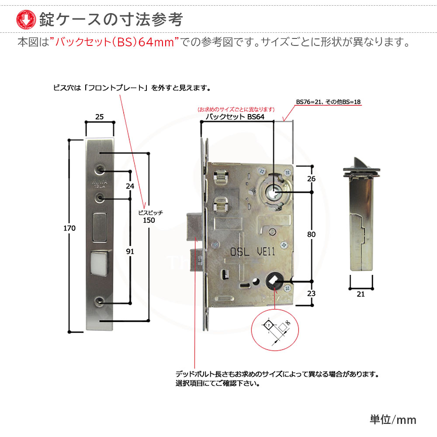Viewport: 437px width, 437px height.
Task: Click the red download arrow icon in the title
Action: pyautogui.click(x=25, y=18)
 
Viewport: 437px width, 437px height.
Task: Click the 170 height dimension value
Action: pyautogui.click(x=69, y=229)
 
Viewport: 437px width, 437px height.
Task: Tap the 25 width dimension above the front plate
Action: pyautogui.click(x=99, y=116)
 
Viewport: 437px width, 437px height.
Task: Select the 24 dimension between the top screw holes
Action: pyautogui.click(x=130, y=186)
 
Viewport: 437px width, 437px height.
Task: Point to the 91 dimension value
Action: pyautogui.click(x=130, y=251)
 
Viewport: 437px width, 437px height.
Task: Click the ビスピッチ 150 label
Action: pyautogui.click(x=149, y=216)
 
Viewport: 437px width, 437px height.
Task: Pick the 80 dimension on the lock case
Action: pyautogui.click(x=311, y=234)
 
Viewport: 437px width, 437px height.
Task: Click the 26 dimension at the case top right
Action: pyautogui.click(x=311, y=179)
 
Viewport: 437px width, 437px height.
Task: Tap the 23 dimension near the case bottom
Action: pyautogui.click(x=311, y=294)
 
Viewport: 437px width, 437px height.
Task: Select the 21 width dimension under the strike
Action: pyautogui.click(x=361, y=294)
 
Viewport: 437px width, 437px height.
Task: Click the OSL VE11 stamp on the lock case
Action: pyautogui.click(x=253, y=252)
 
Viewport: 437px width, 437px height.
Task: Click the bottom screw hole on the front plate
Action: pyautogui.click(x=101, y=302)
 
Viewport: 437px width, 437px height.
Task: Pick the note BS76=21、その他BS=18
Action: pyautogui.click(x=328, y=102)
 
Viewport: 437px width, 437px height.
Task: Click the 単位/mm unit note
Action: pyautogui.click(x=393, y=420)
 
